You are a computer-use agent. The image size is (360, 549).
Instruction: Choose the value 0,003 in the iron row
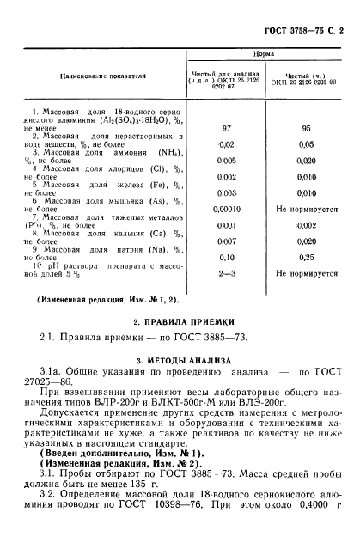(x=227, y=192)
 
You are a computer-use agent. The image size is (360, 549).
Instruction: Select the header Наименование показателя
(x=102, y=76)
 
